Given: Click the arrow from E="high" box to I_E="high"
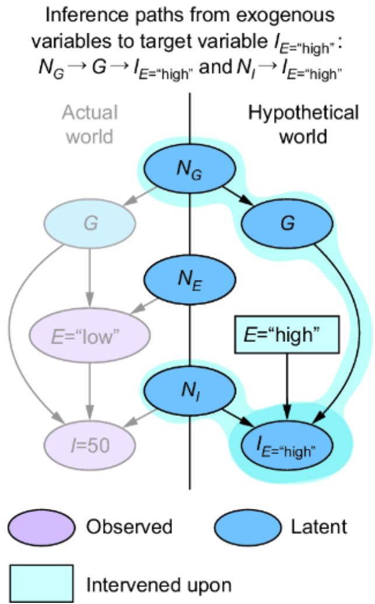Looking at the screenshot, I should pyautogui.click(x=285, y=385).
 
